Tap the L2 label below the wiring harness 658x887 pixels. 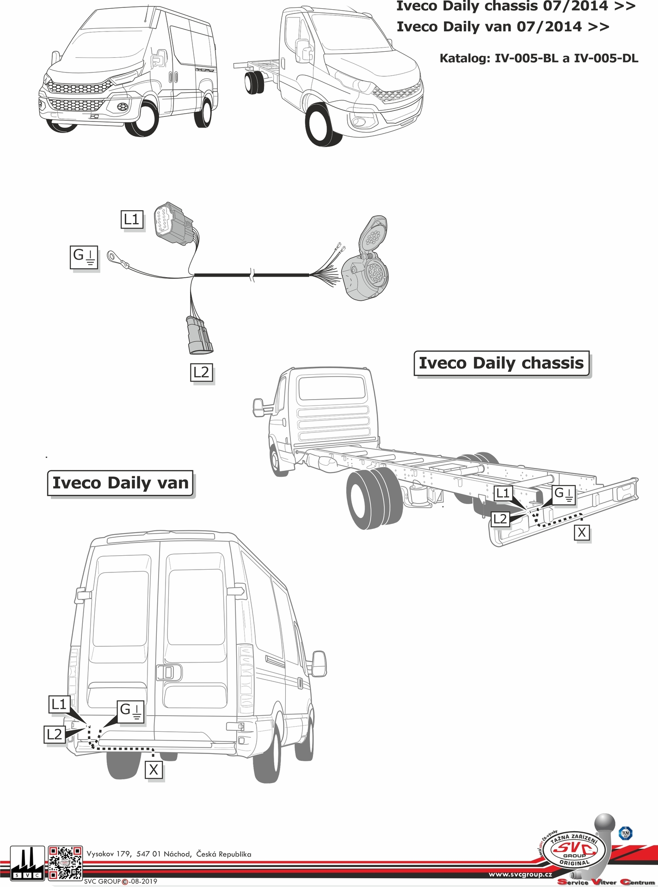coord(202,372)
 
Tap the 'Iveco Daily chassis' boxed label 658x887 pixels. coord(501,363)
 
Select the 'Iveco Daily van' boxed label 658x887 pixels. coord(120,483)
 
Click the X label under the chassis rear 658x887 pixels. coord(581,533)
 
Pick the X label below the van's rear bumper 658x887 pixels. coord(154,770)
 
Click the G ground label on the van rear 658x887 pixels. coord(131,711)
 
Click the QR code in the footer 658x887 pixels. coord(66,862)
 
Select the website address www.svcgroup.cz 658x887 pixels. coord(520,875)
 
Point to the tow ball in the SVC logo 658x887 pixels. coord(605,826)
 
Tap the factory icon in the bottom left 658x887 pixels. coord(27,863)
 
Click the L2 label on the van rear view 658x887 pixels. coord(54,734)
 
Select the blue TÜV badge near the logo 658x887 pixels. coord(625,833)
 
